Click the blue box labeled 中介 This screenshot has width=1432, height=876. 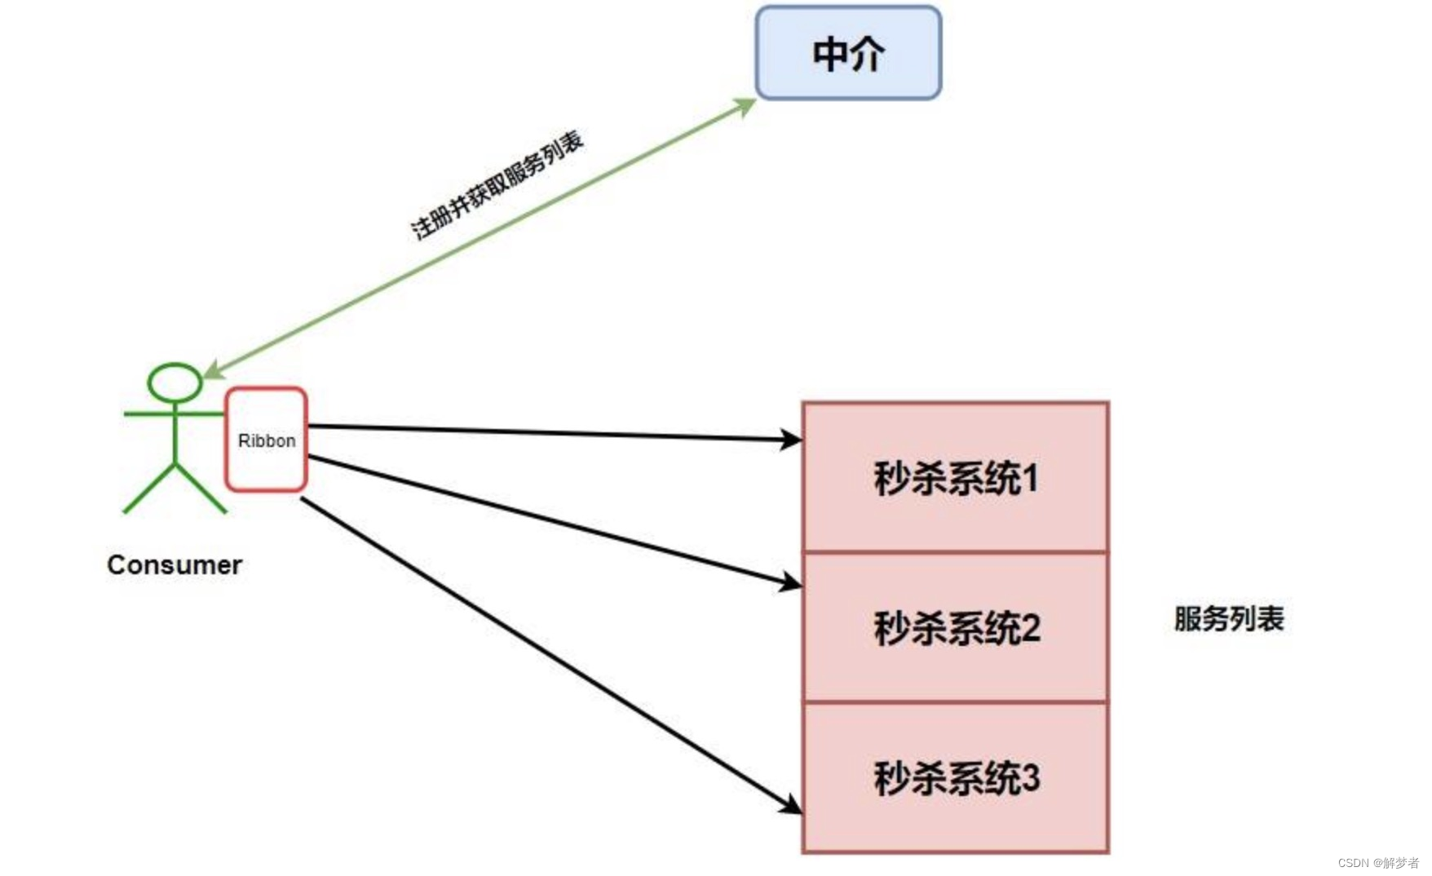[848, 54]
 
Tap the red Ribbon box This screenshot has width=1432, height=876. [266, 440]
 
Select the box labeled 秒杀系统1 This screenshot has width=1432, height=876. [955, 477]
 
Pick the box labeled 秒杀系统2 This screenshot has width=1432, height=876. [955, 627]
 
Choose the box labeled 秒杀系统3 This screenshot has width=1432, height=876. [955, 777]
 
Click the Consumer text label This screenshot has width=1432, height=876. [174, 564]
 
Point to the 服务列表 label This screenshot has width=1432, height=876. [1228, 618]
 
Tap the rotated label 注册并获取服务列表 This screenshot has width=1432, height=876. [497, 185]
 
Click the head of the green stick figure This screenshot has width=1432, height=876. [175, 383]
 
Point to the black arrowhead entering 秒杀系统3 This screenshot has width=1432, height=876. [789, 805]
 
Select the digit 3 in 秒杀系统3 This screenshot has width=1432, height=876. [1030, 777]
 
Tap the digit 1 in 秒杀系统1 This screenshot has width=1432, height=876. [1031, 478]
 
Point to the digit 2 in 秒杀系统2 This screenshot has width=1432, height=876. [1030, 628]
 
